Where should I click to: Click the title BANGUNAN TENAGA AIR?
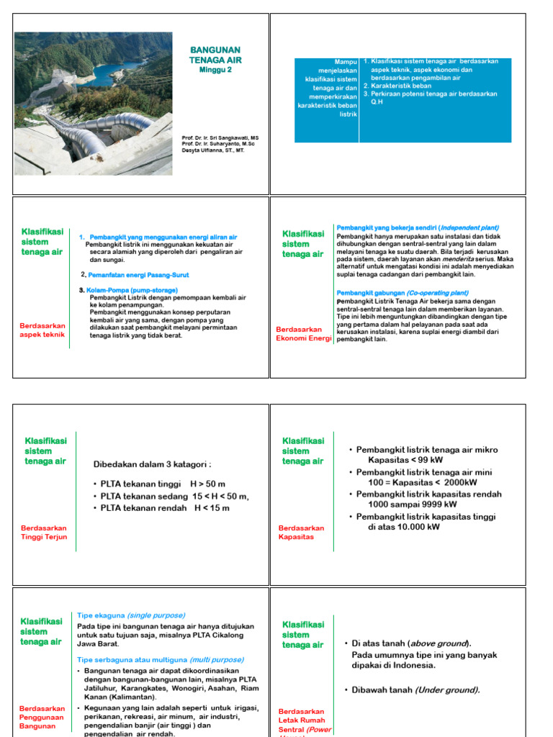(215, 55)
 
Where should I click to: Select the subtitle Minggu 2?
(215, 70)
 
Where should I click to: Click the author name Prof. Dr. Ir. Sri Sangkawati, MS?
(220, 137)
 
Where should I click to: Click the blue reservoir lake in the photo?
(122, 73)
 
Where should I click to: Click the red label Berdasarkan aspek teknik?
(42, 330)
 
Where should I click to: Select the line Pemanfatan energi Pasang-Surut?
(138, 275)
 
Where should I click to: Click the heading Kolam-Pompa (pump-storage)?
(130, 290)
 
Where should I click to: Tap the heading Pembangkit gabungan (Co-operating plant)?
(403, 293)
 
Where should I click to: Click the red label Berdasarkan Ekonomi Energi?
(303, 334)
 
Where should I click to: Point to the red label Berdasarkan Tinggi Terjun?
(42, 532)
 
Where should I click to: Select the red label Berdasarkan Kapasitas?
(301, 532)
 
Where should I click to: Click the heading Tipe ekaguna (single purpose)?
(131, 615)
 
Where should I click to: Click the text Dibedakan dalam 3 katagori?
(153, 464)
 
